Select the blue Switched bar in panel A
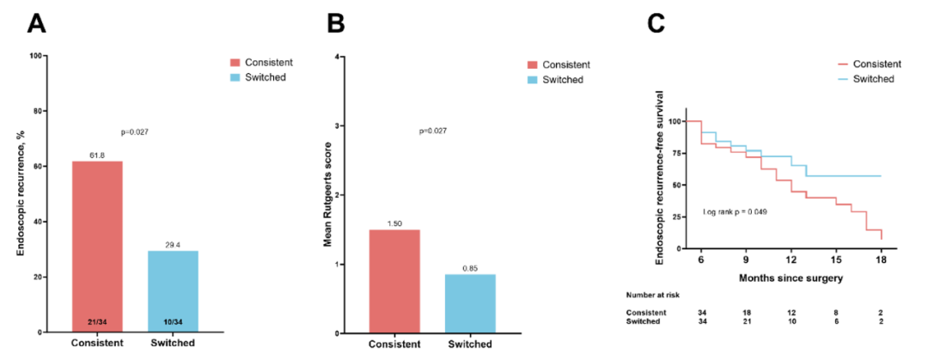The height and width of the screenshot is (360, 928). (172, 291)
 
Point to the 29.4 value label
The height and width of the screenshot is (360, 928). (172, 244)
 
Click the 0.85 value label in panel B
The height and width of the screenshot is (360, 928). (470, 267)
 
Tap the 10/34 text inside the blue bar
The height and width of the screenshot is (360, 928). (172, 322)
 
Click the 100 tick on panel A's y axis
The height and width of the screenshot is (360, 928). (36, 56)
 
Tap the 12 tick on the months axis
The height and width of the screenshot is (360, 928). (791, 259)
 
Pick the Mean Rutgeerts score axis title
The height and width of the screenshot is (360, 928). (327, 195)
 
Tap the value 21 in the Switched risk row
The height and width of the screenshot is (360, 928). (746, 321)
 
